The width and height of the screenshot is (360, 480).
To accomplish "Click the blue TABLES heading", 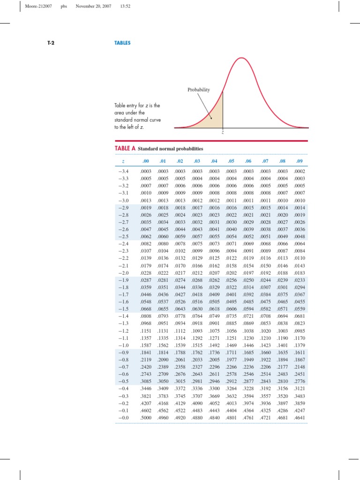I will [x=122, y=43].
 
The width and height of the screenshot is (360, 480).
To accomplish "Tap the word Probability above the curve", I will [x=199, y=90].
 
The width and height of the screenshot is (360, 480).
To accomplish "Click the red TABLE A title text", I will [x=125, y=148].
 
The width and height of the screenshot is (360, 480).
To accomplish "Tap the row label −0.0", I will [x=124, y=416].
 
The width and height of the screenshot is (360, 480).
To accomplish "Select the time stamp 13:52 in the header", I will [x=125, y=7].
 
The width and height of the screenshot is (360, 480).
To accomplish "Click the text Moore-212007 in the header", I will [x=39, y=7].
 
